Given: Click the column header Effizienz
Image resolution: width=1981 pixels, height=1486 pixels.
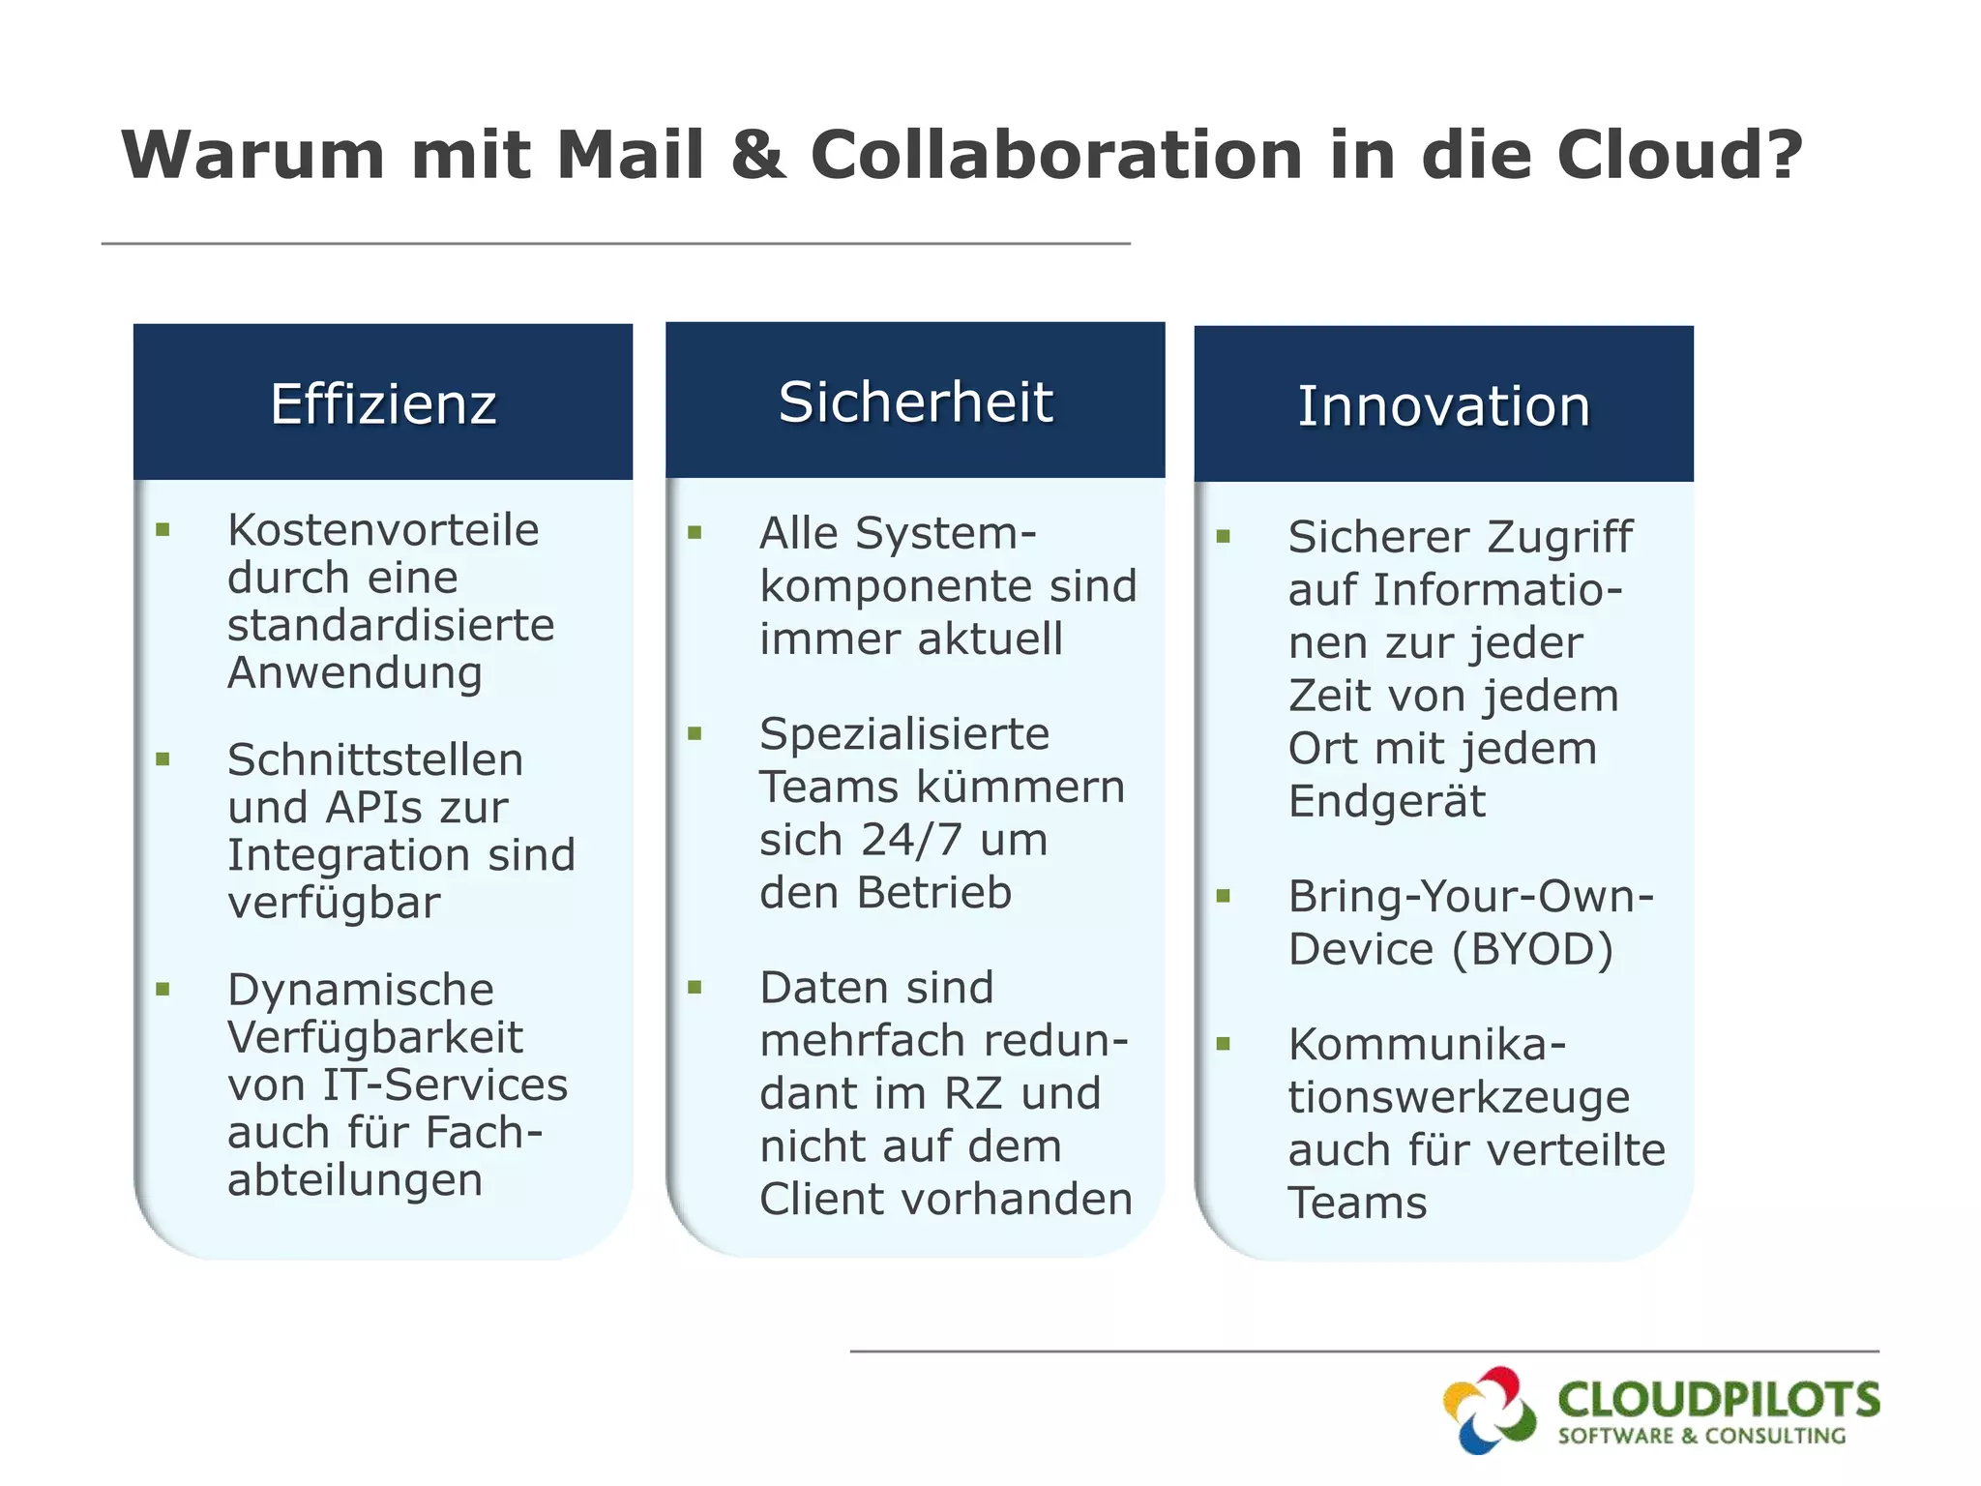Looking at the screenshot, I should click(383, 403).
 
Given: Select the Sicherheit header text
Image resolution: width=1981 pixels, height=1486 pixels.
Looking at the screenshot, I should click(915, 401).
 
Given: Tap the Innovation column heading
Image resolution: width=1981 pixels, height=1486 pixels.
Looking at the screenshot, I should click(1443, 405).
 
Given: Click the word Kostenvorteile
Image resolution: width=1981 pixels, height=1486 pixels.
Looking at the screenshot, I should click(383, 530).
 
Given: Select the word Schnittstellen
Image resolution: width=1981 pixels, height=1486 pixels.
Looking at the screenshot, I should click(375, 759).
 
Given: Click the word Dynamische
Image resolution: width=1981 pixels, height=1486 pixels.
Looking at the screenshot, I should click(361, 990).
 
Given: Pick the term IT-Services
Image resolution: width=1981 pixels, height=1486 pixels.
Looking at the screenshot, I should click(445, 1085).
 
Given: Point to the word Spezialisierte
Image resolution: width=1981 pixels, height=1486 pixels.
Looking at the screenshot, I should click(904, 734).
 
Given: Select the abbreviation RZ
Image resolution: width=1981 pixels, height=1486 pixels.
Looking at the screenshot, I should click(972, 1093).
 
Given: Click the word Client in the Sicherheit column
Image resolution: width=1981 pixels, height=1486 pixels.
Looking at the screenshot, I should click(822, 1199).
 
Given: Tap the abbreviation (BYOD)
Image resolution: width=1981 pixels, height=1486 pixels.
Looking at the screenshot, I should click(1532, 949).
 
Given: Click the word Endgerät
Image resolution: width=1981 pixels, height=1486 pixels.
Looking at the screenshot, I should click(1387, 801).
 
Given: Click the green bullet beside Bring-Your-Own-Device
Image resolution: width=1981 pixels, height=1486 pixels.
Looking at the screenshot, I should click(1224, 896).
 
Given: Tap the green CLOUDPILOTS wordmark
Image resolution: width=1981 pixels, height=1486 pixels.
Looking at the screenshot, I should click(1718, 1399).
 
